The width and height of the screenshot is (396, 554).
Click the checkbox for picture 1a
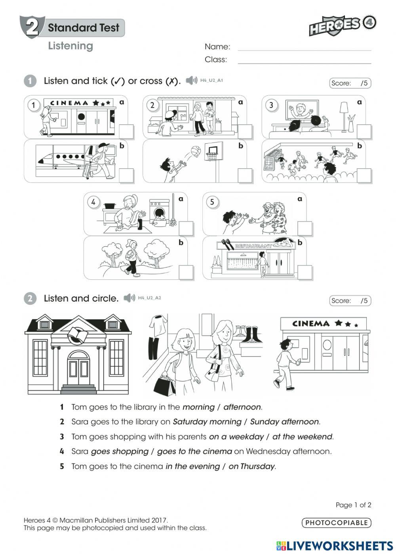(126, 131)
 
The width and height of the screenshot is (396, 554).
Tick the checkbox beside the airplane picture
(126, 175)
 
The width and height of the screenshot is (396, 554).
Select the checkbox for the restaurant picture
(305, 272)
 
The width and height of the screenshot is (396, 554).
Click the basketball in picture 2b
(196, 151)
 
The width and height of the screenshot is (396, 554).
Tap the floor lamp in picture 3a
(344, 116)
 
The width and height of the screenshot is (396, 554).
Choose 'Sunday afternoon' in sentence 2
(284, 422)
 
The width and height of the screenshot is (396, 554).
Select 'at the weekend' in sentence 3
(302, 437)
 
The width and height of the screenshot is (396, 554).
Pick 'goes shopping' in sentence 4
(120, 452)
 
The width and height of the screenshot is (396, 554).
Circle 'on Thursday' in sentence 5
(251, 467)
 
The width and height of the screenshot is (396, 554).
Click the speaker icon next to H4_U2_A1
(191, 80)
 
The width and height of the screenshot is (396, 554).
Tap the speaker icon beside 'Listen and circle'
(129, 298)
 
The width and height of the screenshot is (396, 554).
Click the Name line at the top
(304, 47)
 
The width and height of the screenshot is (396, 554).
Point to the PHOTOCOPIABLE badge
(336, 523)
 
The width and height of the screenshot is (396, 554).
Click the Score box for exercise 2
(350, 301)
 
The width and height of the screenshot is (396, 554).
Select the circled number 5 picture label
(212, 202)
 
